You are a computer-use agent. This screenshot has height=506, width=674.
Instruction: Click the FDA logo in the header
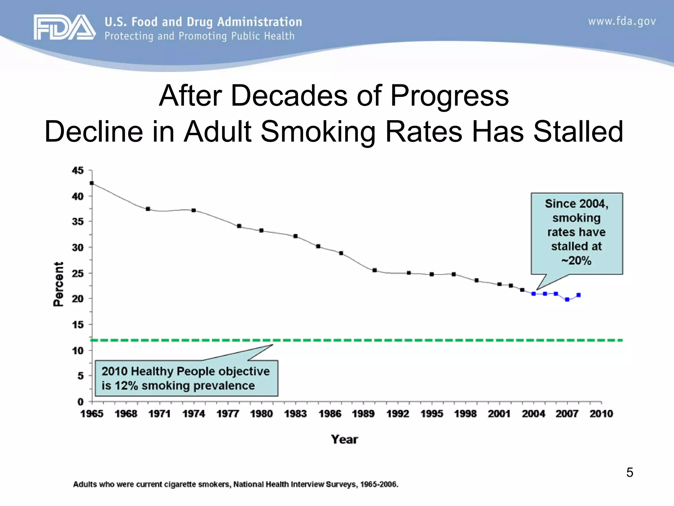tap(65, 27)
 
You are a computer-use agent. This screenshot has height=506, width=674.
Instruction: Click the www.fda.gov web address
tap(622, 21)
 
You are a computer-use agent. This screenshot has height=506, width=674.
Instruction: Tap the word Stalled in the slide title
tap(578, 131)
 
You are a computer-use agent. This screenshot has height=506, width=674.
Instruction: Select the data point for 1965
tap(92, 183)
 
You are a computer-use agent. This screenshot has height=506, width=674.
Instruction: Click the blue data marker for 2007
tap(567, 299)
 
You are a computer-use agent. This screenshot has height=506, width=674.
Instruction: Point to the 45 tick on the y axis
tap(78, 171)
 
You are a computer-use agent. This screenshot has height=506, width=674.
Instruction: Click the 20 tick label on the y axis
tap(78, 299)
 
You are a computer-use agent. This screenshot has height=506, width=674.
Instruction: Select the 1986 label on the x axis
tap(330, 414)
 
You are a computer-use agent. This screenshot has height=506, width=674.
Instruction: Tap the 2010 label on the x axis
tap(601, 414)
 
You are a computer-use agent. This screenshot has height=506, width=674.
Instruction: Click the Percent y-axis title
tap(58, 284)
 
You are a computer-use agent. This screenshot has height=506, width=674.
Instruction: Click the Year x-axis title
tap(344, 439)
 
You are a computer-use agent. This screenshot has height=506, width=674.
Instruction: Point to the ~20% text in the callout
tap(576, 261)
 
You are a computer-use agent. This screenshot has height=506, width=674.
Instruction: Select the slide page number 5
tap(630, 472)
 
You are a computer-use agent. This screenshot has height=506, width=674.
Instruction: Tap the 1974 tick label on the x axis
tap(194, 414)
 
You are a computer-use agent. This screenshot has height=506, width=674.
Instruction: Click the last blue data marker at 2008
tap(579, 295)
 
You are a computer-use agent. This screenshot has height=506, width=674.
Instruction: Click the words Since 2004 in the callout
tap(576, 204)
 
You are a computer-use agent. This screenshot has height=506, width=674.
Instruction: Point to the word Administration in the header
tap(259, 22)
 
